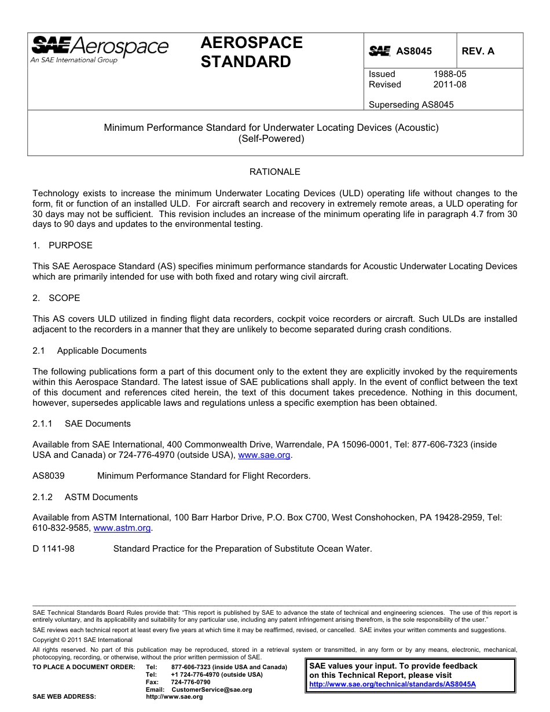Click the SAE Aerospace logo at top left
coord(99,49)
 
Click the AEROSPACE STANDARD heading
coord(251,52)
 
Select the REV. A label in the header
coord(478,51)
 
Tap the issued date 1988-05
coord(449,74)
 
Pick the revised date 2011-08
coord(449,85)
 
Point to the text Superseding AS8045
coord(411,105)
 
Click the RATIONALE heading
coord(275,172)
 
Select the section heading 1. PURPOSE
coord(63,245)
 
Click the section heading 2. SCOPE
coord(57,298)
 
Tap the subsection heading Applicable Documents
coord(101,351)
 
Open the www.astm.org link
coord(122,528)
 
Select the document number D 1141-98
coord(53,549)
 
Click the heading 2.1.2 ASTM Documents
coord(85,497)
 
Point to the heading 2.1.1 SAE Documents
coord(82,424)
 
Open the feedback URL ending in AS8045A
coord(393,684)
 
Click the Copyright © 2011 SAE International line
coord(83,640)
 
